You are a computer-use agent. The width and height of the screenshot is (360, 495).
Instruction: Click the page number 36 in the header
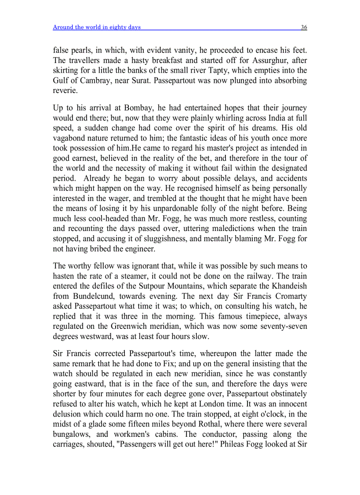pos(304,27)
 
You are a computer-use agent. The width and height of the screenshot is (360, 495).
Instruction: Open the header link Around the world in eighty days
pos(97,27)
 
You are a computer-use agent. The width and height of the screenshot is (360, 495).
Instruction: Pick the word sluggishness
pos(154,239)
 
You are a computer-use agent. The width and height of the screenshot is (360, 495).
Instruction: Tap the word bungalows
pos(72,434)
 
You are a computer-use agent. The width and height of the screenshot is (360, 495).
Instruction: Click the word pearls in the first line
pos(83,50)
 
